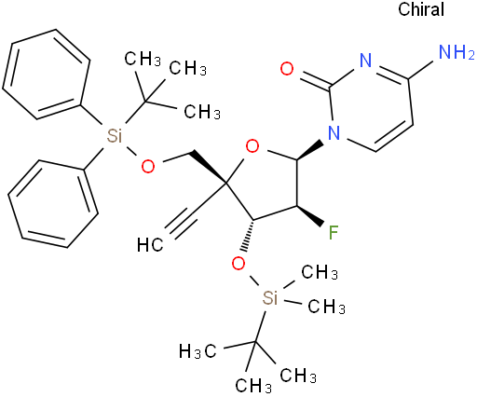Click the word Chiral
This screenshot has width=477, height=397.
tap(421, 9)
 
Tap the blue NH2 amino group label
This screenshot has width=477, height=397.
tap(457, 52)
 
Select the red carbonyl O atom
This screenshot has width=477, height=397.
tap(287, 68)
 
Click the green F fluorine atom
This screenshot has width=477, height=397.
tap(334, 233)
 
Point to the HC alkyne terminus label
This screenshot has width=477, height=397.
tap(150, 245)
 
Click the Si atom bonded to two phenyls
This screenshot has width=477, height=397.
tap(115, 136)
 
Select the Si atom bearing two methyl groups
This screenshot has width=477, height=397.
tap(269, 298)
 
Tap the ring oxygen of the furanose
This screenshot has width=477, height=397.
tap(252, 146)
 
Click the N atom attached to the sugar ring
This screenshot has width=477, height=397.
tap(334, 132)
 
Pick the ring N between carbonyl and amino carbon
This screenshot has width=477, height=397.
tap(365, 61)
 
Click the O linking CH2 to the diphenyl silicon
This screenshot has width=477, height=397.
tap(148, 167)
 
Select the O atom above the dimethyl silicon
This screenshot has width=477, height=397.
tap(238, 264)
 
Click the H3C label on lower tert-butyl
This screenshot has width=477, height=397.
tap(198, 351)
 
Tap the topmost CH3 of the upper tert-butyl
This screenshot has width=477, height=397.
tap(143, 59)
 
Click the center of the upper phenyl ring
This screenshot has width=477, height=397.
tap(46, 75)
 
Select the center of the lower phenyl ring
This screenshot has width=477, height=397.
tap(53, 204)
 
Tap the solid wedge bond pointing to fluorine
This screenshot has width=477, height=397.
tap(310, 215)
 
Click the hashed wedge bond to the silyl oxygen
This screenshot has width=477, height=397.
tap(249, 236)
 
